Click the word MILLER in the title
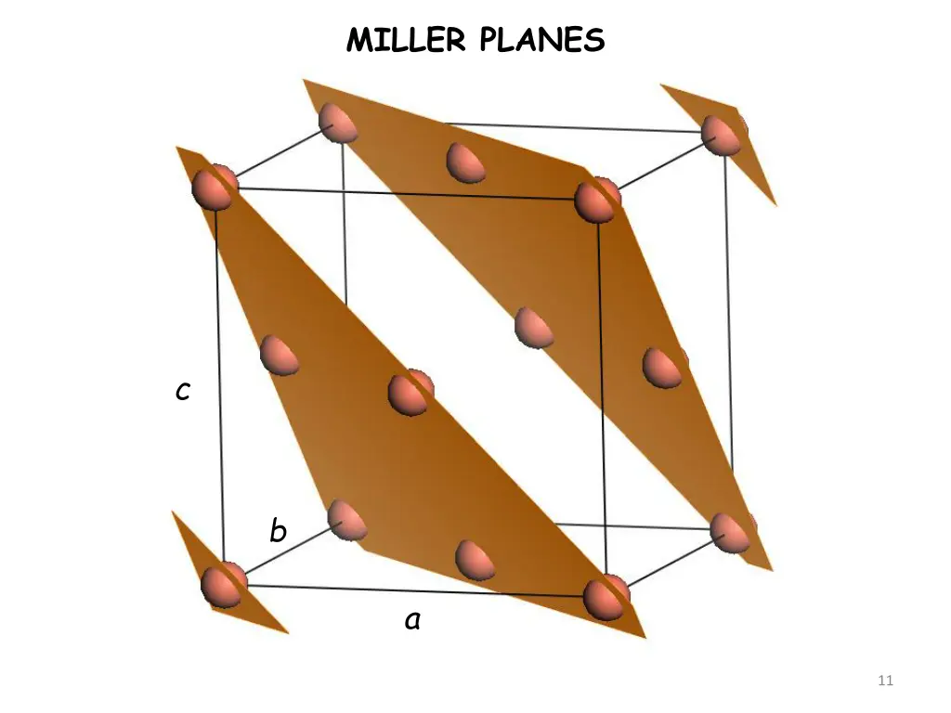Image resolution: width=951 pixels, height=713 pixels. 409,40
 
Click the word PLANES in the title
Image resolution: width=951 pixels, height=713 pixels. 542,40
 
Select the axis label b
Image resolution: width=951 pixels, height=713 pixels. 278,532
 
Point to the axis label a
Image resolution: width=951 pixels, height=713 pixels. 412,620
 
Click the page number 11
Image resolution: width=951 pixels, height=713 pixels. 885,681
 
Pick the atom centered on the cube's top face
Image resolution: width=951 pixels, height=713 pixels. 465,162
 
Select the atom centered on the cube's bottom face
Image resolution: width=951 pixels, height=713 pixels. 475,560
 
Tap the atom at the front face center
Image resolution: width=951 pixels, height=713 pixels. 410,393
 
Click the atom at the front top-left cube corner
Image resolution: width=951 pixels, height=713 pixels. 215,187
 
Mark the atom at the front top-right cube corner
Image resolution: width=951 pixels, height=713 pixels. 595,200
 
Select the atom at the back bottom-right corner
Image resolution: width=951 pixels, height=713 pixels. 732,532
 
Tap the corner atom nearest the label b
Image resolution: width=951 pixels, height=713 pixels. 345,521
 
